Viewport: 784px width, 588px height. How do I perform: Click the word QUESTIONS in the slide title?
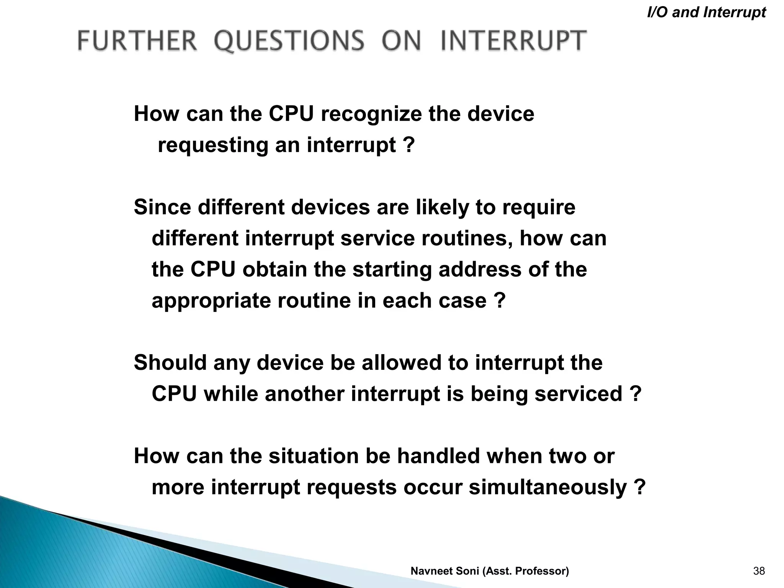click(289, 41)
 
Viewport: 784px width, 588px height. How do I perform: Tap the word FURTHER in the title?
click(137, 41)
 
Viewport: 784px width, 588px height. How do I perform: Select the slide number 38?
click(759, 571)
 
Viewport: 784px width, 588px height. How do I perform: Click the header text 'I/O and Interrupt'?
click(706, 12)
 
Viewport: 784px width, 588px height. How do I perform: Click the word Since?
click(162, 207)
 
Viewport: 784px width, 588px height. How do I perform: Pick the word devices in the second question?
click(330, 207)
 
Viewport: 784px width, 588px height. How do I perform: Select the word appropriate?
click(211, 301)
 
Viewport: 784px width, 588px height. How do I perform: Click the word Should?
click(170, 363)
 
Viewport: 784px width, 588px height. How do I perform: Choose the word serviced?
click(578, 394)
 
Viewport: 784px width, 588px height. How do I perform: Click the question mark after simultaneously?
click(640, 488)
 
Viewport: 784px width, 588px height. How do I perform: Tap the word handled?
click(438, 456)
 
